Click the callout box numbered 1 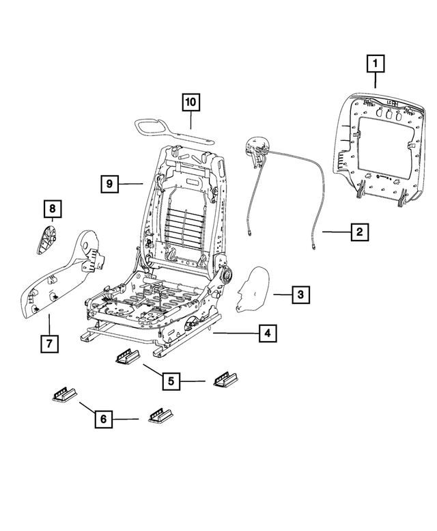[375, 66]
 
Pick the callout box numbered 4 [268, 333]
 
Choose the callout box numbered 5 [171, 380]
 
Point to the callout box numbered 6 [102, 418]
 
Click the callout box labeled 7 [49, 344]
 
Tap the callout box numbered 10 [191, 103]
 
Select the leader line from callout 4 [236, 333]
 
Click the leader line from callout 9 [131, 183]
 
